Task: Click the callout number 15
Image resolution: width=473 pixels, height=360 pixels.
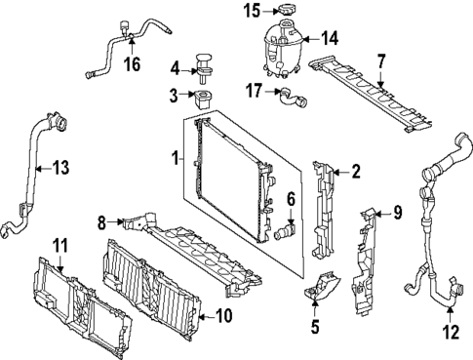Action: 253,11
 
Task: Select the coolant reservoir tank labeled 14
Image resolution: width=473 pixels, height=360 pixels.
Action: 283,49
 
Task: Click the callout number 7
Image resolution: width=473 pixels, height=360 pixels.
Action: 380,62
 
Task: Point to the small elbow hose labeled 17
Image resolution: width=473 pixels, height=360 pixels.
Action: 292,98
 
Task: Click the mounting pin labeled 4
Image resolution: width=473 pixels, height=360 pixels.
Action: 203,68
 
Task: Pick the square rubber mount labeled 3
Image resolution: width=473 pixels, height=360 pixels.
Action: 203,100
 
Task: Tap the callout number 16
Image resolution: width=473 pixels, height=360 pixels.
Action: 133,63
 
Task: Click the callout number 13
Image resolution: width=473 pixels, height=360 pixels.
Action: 61,168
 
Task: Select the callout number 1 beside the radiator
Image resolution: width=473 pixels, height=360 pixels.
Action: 176,158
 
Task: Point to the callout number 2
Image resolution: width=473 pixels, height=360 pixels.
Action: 356,171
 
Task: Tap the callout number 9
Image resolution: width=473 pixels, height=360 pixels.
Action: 398,213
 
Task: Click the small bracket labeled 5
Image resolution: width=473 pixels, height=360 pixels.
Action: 323,286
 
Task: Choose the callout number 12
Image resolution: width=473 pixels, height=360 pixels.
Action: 451,333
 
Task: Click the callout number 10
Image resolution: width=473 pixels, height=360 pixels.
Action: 224,316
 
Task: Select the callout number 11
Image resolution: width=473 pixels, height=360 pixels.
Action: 60,245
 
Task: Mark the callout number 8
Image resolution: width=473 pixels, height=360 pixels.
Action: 102,222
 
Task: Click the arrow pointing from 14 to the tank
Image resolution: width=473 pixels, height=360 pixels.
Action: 310,39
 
